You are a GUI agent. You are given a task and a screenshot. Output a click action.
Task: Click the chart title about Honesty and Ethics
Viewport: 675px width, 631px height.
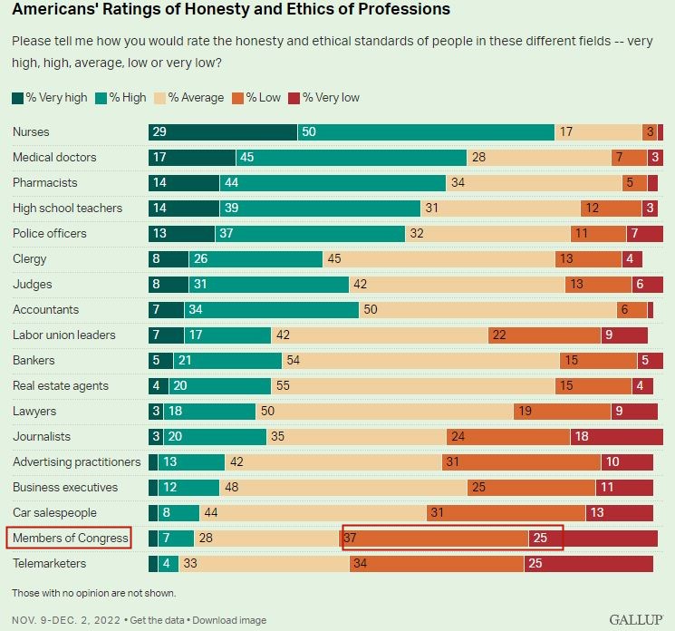click(x=231, y=10)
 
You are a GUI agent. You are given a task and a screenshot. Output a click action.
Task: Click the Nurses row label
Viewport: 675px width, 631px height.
click(x=31, y=131)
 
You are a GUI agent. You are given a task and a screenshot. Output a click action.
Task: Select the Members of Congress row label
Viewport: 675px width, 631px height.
click(x=69, y=539)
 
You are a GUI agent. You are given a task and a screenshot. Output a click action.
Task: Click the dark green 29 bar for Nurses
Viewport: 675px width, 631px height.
click(x=223, y=131)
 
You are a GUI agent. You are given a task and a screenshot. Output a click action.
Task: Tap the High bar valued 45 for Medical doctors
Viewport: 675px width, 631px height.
click(x=351, y=157)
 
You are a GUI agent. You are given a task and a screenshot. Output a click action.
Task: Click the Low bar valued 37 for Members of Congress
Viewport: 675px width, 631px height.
click(x=435, y=539)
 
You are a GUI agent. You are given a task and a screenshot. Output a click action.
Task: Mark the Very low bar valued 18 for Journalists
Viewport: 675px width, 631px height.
click(x=616, y=436)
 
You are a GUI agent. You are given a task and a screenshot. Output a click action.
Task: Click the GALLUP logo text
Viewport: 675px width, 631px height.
click(x=636, y=620)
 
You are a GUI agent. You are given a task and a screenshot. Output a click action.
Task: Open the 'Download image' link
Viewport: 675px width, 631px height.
click(x=231, y=620)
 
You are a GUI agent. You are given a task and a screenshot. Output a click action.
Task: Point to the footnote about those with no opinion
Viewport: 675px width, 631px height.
click(x=94, y=593)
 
